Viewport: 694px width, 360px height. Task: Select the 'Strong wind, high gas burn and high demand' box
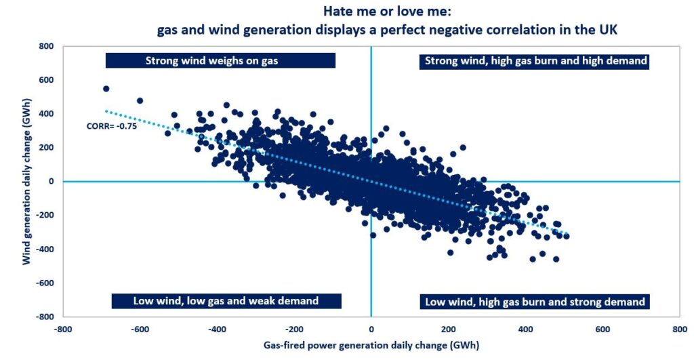click(535, 61)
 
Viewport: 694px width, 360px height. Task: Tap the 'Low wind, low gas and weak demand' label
click(226, 301)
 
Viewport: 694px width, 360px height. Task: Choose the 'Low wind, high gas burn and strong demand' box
click(535, 302)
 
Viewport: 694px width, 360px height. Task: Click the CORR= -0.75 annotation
click(112, 126)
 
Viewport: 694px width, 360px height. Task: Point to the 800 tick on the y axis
click(46, 46)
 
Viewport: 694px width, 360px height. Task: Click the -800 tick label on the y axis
click(45, 317)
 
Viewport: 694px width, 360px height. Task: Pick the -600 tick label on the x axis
click(140, 329)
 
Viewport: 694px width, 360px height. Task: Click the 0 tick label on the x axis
click(371, 329)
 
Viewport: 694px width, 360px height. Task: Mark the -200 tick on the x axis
click(293, 329)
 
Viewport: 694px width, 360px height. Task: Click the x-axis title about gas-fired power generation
click(371, 346)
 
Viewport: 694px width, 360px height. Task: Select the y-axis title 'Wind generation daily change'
click(26, 181)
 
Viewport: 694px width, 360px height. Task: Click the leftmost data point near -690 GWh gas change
click(106, 89)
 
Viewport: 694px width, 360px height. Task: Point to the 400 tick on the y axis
click(46, 114)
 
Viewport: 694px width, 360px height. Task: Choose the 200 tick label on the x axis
click(448, 329)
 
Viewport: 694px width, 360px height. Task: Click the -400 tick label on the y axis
click(45, 249)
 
